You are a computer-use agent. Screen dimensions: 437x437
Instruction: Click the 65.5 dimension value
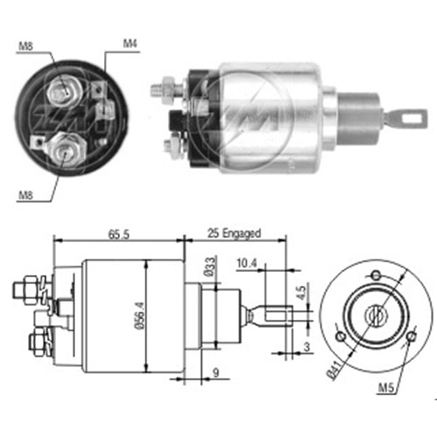[119, 234]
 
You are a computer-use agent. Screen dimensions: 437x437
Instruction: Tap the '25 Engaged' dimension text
[234, 233]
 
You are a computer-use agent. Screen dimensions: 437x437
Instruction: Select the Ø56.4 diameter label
[140, 316]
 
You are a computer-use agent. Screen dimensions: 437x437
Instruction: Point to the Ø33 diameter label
[211, 267]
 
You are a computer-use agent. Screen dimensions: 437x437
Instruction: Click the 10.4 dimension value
[247, 263]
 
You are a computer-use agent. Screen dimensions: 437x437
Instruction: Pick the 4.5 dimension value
[302, 293]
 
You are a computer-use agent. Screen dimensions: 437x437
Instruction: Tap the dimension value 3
[307, 347]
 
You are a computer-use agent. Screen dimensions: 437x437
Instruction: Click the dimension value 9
[216, 372]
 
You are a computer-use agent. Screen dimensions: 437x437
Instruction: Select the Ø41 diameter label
[334, 370]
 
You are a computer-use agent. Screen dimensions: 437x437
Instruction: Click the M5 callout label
[386, 387]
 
